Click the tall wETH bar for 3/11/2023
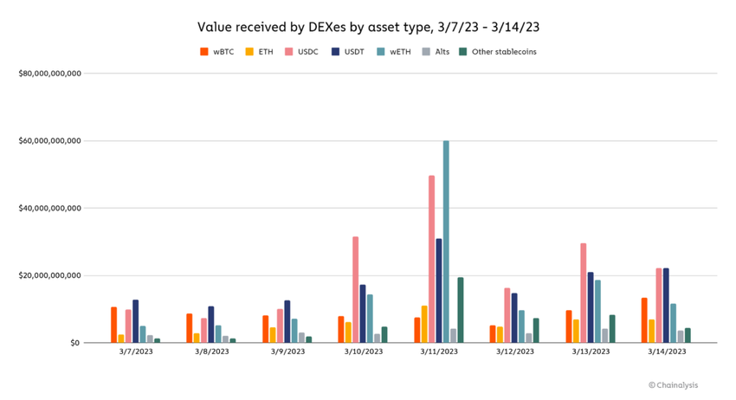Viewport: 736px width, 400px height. (446, 242)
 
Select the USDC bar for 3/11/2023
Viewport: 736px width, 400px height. (431, 259)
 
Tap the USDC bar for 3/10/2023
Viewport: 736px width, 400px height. (355, 289)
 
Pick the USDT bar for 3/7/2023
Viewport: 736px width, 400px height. (135, 321)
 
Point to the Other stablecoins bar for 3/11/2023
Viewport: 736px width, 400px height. (461, 310)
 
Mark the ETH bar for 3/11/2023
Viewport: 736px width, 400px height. (424, 324)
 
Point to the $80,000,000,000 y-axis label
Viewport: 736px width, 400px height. (50, 74)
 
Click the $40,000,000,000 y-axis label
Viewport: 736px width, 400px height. (50, 208)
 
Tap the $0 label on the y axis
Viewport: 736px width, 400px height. (75, 343)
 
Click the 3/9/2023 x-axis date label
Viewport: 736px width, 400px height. (287, 352)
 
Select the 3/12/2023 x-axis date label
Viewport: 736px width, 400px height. (513, 352)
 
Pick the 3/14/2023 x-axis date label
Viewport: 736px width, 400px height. (665, 352)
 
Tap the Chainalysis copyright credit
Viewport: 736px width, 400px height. (673, 385)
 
